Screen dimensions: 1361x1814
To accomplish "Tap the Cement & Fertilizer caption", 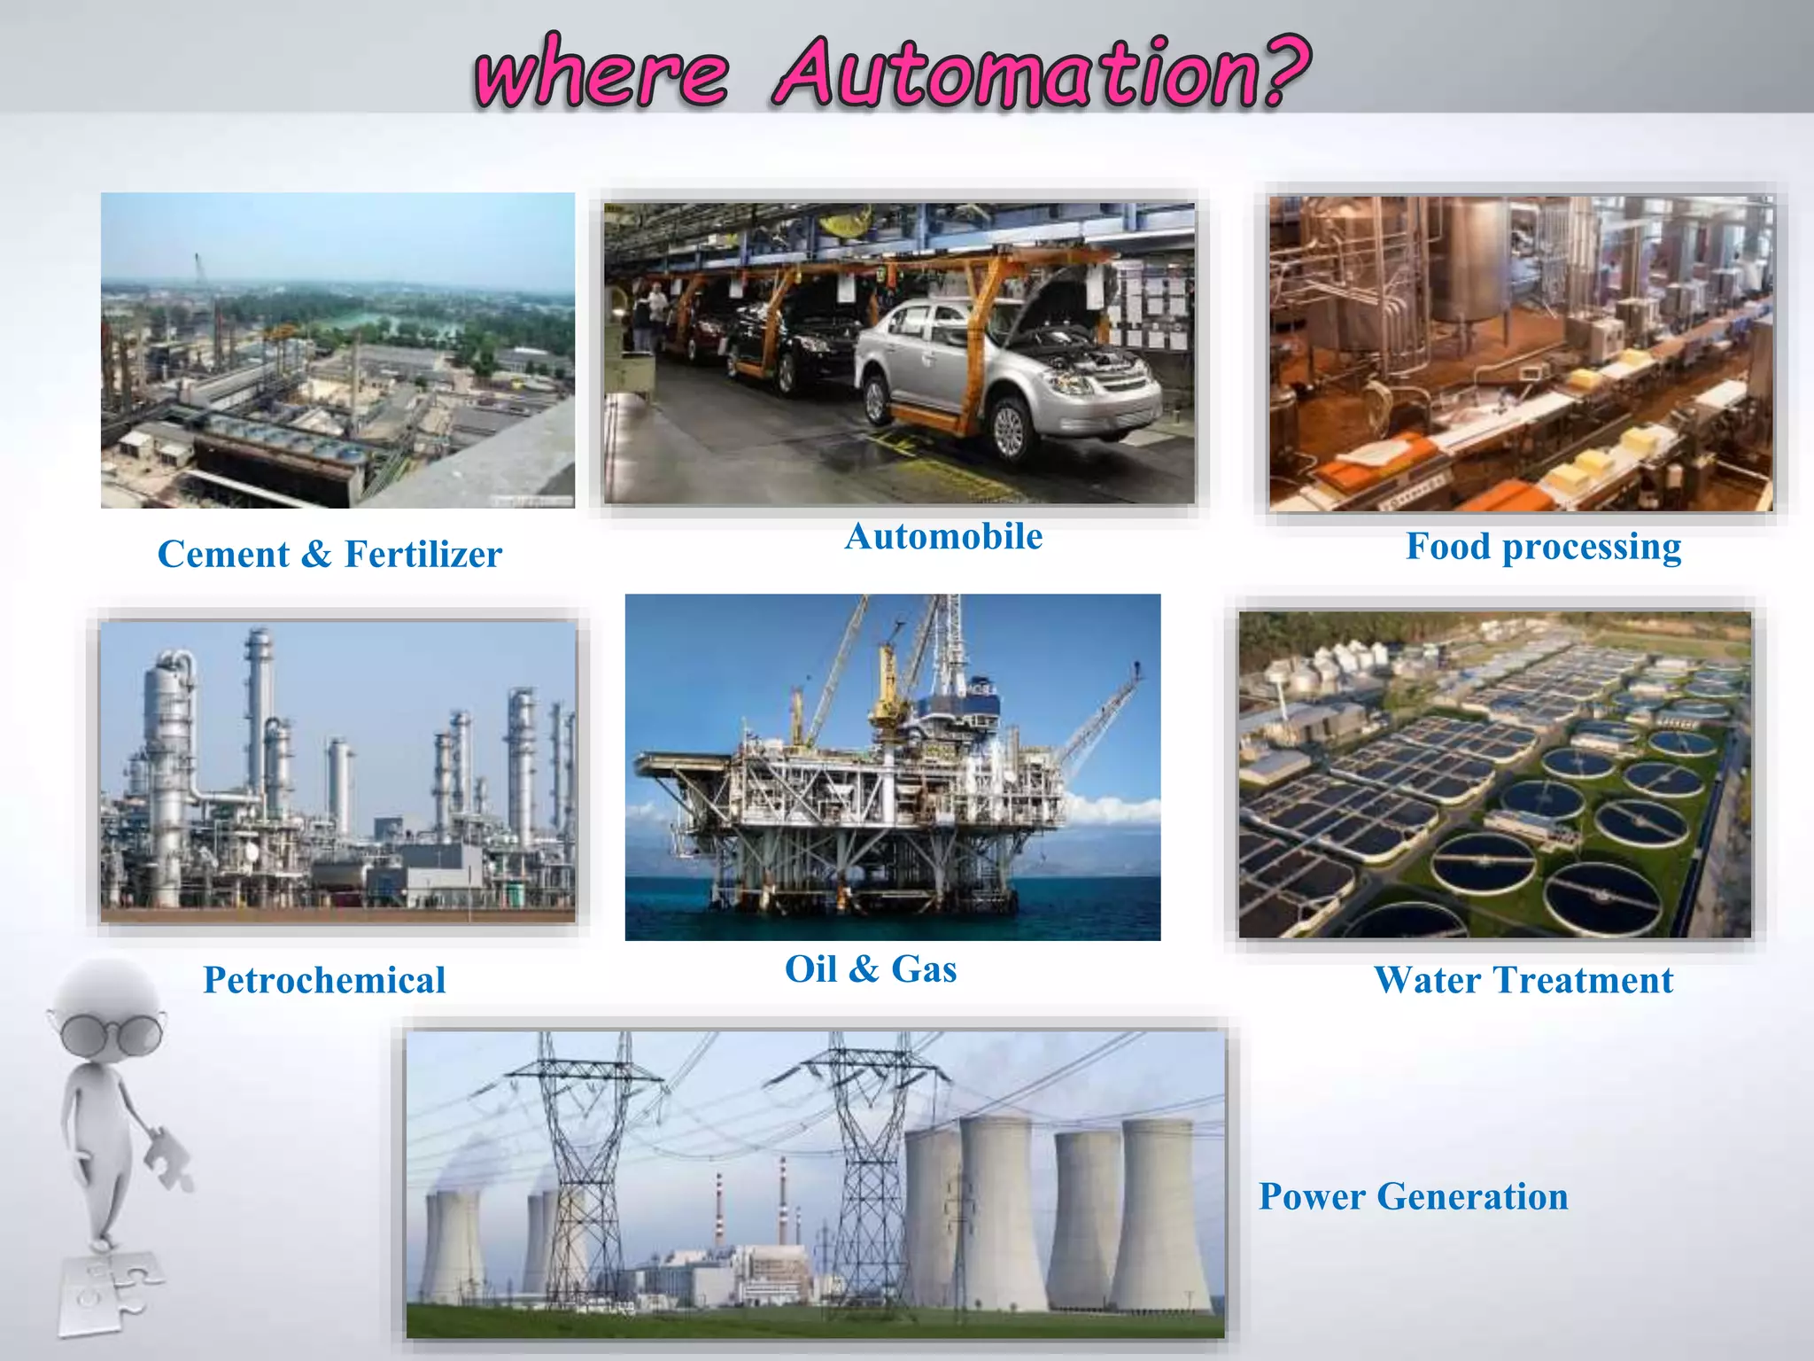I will (329, 555).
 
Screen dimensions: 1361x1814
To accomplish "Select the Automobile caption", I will (943, 537).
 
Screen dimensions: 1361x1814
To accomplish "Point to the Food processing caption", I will (1543, 547).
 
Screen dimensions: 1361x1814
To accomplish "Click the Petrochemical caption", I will (324, 980).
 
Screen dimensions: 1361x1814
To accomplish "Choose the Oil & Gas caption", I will (871, 969).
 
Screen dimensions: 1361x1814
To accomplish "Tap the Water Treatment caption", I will (1523, 980).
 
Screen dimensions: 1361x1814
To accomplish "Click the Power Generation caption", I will (1414, 1196).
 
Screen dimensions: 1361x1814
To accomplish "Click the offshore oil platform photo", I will (893, 767).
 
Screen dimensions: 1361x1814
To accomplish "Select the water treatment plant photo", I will (1495, 774).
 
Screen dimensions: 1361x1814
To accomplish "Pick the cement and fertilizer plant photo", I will (337, 351).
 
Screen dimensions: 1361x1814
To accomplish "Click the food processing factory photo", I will (1521, 354).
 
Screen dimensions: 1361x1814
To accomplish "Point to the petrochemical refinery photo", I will (337, 771).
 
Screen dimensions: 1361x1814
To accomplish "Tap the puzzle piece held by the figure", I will (168, 1156).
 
